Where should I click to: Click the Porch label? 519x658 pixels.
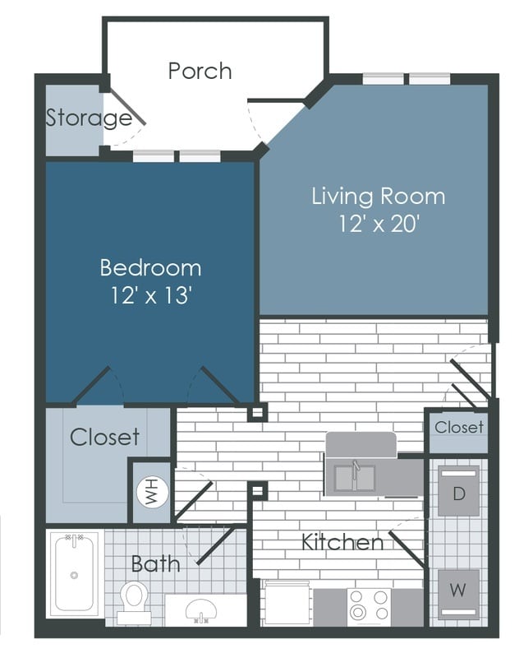[x=200, y=71]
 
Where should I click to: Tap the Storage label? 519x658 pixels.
[x=89, y=118]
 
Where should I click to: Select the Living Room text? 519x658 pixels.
[x=378, y=197]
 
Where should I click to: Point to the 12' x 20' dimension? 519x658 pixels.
[x=378, y=224]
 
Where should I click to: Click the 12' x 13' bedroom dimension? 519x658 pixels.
[x=150, y=295]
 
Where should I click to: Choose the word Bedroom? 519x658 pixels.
[x=150, y=267]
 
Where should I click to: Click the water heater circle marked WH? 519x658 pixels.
[x=150, y=492]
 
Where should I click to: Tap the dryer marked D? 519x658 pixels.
[x=457, y=495]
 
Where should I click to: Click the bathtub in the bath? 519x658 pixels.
[x=75, y=574]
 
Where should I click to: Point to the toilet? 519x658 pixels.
[x=133, y=600]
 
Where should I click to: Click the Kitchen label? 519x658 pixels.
[x=342, y=542]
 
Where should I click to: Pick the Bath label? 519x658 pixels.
[x=156, y=563]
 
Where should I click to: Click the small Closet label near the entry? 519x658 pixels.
[x=459, y=427]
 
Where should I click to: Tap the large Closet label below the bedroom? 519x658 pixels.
[x=104, y=437]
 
